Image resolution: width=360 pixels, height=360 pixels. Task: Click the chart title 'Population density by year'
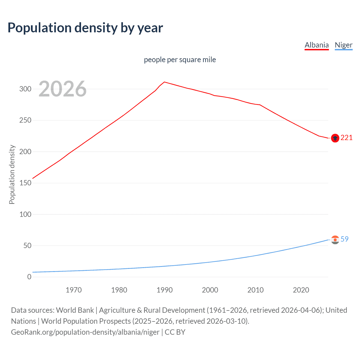[85, 28]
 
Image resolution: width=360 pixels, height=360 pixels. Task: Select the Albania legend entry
[316, 45]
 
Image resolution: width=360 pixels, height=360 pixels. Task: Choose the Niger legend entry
[343, 45]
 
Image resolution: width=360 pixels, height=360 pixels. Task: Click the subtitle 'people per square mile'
[180, 60]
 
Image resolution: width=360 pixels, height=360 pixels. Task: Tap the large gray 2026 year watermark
[62, 89]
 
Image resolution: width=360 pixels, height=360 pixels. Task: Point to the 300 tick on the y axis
[25, 89]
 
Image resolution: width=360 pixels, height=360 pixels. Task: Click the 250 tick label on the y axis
[25, 120]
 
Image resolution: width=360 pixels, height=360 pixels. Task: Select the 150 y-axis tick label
[25, 183]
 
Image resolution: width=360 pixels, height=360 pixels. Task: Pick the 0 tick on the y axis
[29, 277]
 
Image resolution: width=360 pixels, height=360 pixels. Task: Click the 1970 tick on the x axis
[74, 290]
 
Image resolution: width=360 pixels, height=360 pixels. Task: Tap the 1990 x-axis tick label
[165, 290]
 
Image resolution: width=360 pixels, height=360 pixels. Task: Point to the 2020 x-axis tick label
[301, 290]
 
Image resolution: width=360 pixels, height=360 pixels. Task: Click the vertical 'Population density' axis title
[12, 174]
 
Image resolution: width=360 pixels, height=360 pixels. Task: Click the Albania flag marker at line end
[335, 138]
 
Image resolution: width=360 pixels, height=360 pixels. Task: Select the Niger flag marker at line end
[335, 240]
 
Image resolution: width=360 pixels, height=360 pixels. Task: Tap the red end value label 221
[346, 138]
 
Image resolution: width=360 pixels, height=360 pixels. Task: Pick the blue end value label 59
[345, 239]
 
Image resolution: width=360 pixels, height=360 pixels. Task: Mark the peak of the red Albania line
[165, 82]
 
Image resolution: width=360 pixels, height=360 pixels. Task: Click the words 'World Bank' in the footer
[75, 310]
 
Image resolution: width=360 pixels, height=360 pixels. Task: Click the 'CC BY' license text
[175, 332]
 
